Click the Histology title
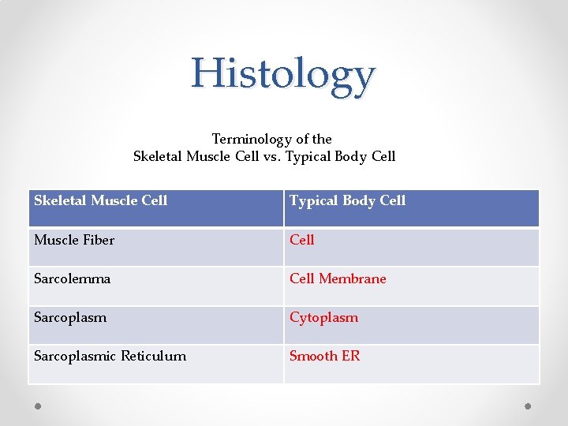[x=283, y=74]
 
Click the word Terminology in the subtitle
[x=251, y=139]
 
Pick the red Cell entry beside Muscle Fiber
[x=302, y=240]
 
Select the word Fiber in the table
[x=99, y=240]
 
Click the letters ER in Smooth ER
[x=350, y=356]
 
